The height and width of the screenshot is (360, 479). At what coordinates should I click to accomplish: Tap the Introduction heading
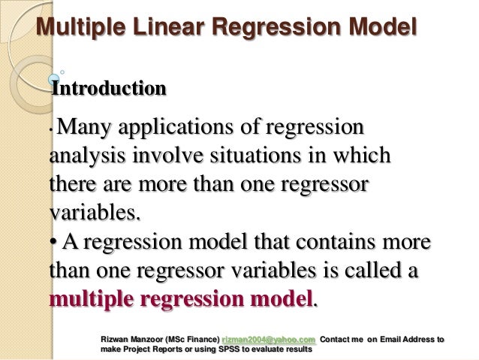[108, 89]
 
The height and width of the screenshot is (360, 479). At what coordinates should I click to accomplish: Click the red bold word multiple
[97, 298]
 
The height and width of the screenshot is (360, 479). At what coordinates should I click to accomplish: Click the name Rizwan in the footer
[117, 339]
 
